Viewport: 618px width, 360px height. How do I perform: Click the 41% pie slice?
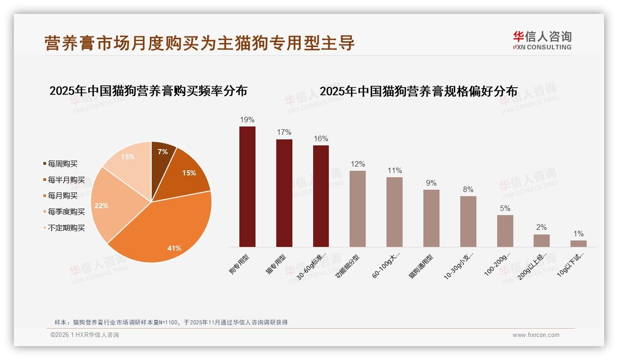click(x=166, y=231)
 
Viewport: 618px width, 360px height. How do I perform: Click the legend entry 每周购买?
click(x=62, y=164)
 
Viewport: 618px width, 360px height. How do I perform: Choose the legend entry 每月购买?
click(x=62, y=196)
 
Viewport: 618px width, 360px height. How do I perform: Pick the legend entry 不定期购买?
click(x=66, y=228)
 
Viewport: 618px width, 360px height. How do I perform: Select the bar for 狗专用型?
click(x=247, y=187)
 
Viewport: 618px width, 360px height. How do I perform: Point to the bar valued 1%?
click(x=578, y=244)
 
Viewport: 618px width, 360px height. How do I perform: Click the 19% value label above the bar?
click(x=247, y=120)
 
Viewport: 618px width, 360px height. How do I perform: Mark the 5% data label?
click(x=505, y=208)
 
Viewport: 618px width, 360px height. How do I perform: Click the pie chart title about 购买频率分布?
click(x=148, y=90)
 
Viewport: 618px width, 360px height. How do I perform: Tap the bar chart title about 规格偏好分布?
click(x=418, y=91)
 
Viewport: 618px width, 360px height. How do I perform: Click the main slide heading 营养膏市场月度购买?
click(x=199, y=43)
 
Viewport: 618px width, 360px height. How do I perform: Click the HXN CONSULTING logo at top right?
click(x=542, y=40)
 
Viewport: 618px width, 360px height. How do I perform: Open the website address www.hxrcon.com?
click(x=536, y=335)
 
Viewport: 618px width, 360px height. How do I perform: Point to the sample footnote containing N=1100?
click(x=171, y=322)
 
